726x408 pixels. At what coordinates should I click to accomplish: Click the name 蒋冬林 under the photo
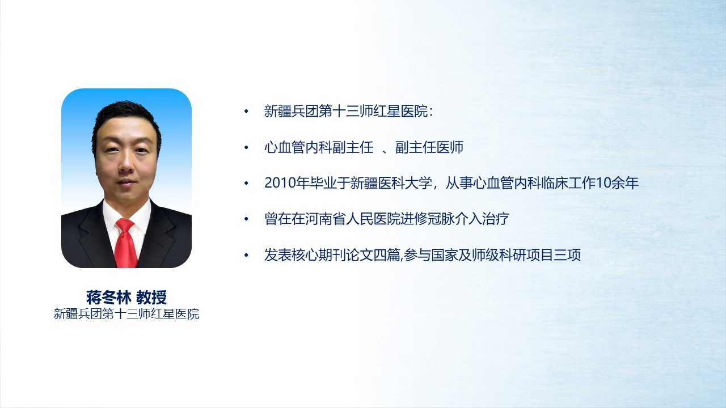click(108, 297)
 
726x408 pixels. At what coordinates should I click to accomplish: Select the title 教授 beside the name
click(151, 297)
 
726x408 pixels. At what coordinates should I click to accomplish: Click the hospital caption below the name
click(126, 314)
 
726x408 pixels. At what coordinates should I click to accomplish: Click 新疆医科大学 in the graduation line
click(391, 183)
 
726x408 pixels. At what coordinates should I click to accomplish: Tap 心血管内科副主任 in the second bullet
click(319, 147)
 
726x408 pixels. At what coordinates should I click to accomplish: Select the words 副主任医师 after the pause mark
click(429, 147)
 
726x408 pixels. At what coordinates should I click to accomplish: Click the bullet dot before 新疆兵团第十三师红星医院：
click(246, 112)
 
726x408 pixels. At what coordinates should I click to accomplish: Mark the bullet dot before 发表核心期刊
click(246, 256)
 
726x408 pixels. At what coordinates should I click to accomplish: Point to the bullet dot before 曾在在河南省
click(246, 219)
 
